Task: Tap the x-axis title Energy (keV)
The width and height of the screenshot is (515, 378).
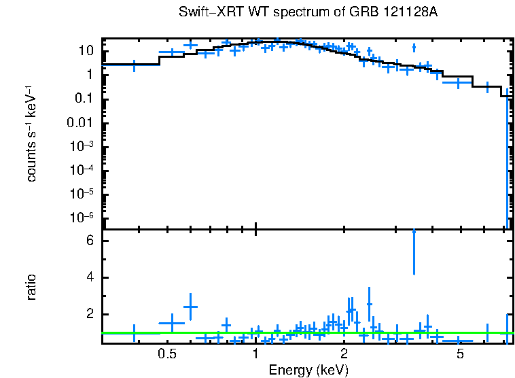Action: coord(308,370)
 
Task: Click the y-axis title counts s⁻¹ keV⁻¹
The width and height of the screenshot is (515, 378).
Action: coord(31,133)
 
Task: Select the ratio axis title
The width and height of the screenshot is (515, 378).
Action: coord(31,287)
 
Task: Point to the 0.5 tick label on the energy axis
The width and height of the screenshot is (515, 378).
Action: coord(167,354)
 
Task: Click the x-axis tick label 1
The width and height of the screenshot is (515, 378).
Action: coord(255,354)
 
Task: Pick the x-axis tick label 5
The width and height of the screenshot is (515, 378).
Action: coord(460,354)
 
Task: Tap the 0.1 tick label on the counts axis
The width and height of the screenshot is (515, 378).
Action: coord(84,99)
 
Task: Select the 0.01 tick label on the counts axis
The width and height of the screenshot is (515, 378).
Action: coord(81,123)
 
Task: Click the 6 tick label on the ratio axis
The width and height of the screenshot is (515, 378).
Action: coord(91,241)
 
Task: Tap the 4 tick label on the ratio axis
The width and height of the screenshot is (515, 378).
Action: coord(91,278)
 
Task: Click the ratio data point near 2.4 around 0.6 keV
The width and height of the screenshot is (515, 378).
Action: coord(190,307)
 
